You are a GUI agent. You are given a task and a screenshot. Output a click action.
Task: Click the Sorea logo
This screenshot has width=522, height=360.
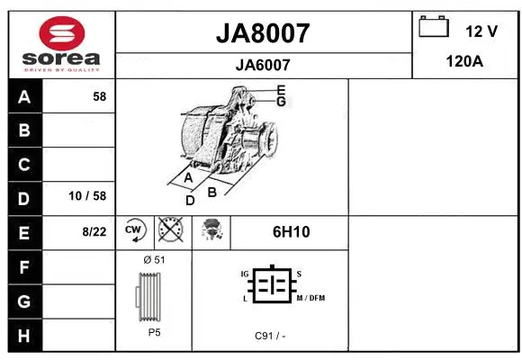(61, 44)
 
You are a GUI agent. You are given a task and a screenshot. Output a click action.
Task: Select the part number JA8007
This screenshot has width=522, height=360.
(263, 33)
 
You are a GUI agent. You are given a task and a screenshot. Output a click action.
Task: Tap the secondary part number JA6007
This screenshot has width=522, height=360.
(263, 64)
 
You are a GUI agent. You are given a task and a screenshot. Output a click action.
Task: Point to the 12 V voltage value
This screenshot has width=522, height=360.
(481, 31)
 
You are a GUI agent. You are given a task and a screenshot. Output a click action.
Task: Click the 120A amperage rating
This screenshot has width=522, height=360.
(466, 61)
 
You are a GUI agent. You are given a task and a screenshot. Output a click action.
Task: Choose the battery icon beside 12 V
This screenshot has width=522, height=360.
(434, 28)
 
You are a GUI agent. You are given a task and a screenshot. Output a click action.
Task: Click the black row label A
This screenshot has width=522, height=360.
(24, 96)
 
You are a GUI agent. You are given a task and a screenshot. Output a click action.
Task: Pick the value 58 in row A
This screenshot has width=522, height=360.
(99, 96)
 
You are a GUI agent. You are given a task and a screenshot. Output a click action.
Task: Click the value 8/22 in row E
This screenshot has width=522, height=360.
(94, 231)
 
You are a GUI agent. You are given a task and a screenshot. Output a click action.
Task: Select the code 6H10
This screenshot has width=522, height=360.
(291, 231)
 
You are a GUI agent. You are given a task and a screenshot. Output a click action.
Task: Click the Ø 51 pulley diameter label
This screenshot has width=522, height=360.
(153, 258)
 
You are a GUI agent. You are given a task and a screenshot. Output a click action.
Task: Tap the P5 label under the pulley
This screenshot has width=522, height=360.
(153, 332)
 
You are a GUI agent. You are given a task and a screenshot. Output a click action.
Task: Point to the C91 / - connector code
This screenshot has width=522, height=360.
(270, 336)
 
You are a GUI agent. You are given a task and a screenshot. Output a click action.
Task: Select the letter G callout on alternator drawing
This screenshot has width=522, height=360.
(282, 102)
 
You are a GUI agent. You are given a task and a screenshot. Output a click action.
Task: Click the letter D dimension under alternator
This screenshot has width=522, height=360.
(190, 201)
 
